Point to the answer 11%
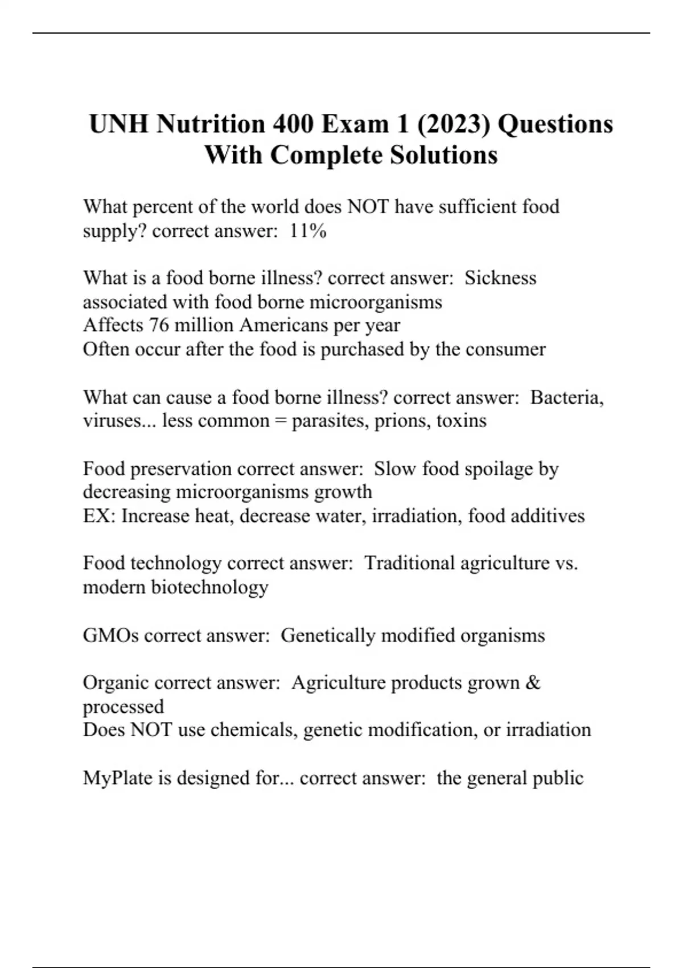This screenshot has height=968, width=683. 308,231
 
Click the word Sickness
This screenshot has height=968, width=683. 500,278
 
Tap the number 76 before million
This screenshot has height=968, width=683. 159,325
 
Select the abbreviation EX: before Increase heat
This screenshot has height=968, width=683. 99,516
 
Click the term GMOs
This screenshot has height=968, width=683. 110,635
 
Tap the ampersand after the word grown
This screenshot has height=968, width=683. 533,682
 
